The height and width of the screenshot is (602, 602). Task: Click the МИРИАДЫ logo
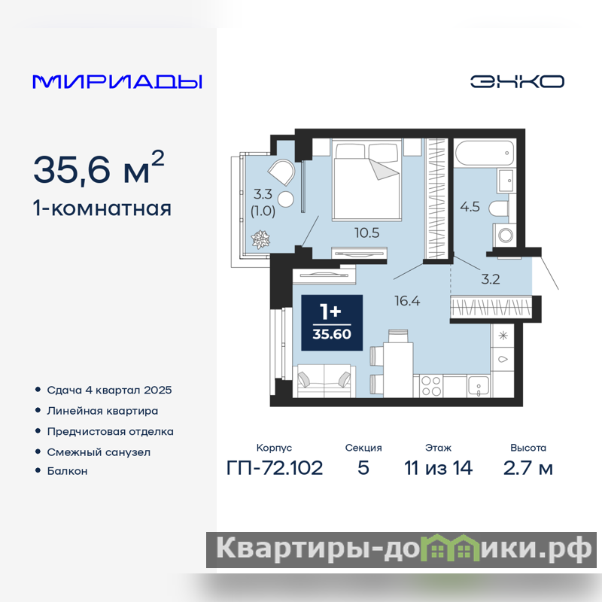117,82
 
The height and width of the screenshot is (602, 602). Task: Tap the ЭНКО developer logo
517,81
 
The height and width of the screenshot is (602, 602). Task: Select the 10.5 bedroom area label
366,233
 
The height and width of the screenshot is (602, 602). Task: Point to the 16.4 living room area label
407,300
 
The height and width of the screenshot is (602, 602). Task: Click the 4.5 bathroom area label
470,206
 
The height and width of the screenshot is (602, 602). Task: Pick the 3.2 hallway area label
491,279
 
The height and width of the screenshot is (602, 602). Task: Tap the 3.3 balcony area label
263,194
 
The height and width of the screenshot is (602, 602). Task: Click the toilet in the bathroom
498,208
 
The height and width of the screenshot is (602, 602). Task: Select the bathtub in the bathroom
485,153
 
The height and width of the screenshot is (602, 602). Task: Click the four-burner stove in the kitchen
430,386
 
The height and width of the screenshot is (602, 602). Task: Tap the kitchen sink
479,385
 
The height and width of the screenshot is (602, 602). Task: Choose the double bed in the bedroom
366,180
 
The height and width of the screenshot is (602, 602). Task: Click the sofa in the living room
324,381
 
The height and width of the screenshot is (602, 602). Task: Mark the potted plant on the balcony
260,239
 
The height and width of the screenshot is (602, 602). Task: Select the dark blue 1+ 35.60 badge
332,323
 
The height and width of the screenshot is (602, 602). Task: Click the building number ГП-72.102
275,468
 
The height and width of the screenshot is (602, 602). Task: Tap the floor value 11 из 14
438,468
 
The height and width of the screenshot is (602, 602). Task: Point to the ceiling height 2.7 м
528,468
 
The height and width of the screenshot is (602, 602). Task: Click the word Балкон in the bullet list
67,471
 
